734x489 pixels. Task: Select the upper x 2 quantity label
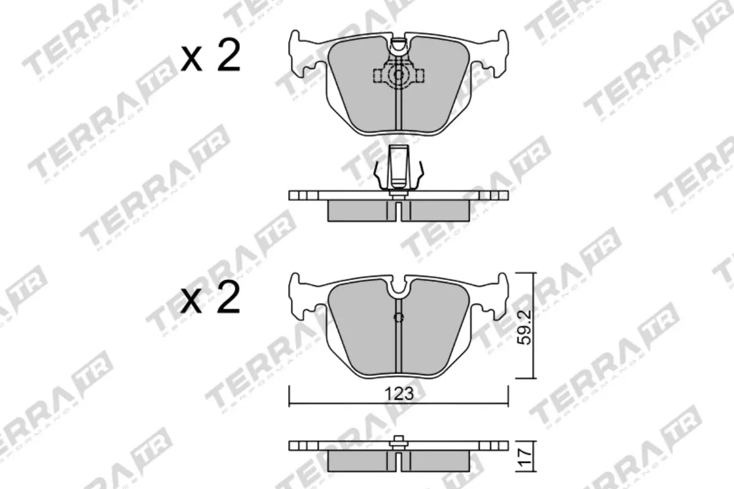tap(211, 58)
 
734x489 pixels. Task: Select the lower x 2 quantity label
tap(211, 300)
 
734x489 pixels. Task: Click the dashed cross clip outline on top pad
tap(398, 75)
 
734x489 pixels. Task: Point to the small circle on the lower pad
tap(398, 317)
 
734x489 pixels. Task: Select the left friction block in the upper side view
tap(358, 210)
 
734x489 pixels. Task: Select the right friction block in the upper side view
tap(439, 210)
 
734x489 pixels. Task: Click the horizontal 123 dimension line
tap(343, 403)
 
